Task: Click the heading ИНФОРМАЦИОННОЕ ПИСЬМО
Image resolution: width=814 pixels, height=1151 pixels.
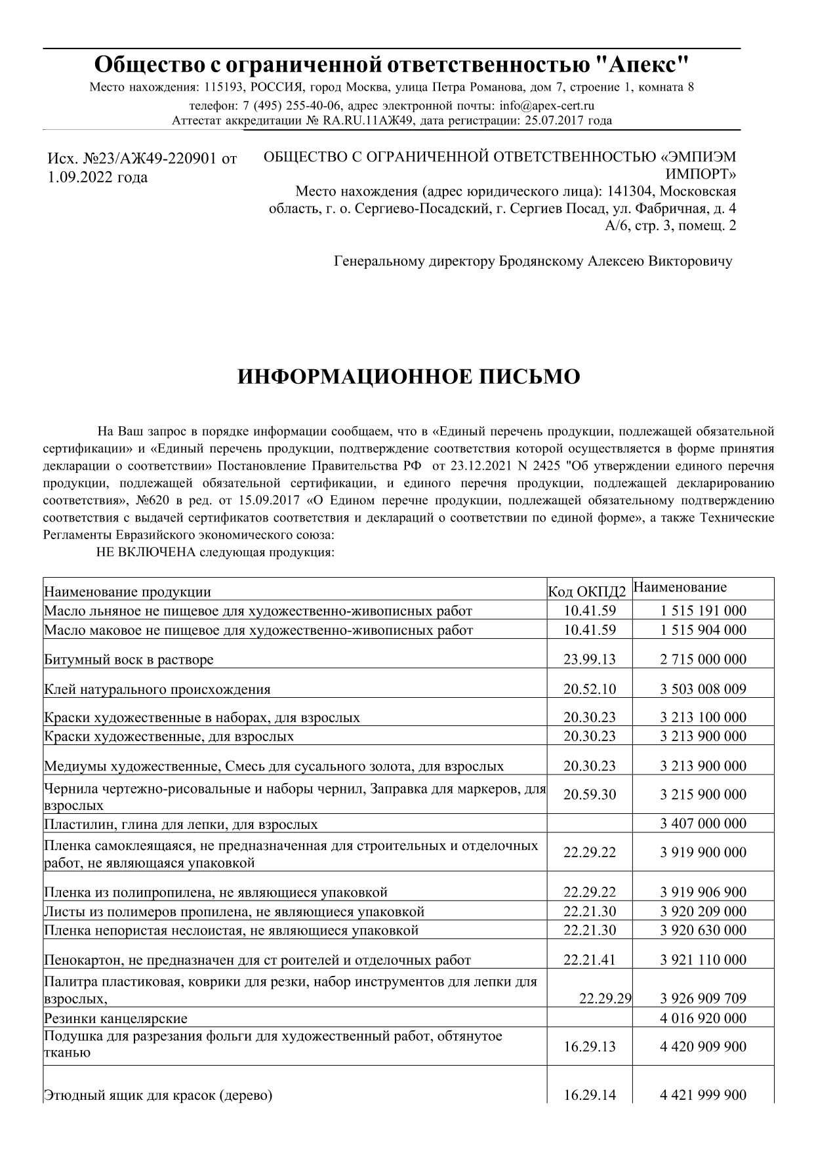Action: pos(408,377)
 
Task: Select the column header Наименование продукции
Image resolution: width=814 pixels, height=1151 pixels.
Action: pos(128,592)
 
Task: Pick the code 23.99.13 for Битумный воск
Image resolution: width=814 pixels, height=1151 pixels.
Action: pos(590,659)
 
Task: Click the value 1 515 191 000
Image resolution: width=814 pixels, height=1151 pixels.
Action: pos(703,611)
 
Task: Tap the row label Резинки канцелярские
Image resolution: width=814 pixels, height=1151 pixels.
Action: pos(115,1019)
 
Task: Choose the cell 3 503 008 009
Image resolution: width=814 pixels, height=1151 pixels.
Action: pos(703,689)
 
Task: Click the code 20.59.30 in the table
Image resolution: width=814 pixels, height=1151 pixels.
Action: pos(590,794)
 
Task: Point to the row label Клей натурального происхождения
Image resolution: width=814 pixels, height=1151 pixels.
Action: pos(157,689)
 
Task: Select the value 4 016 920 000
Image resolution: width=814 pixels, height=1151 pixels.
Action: pos(703,1019)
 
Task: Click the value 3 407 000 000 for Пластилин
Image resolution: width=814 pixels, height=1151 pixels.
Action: pos(703,824)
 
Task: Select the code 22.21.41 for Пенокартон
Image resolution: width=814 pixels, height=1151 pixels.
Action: pos(590,960)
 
